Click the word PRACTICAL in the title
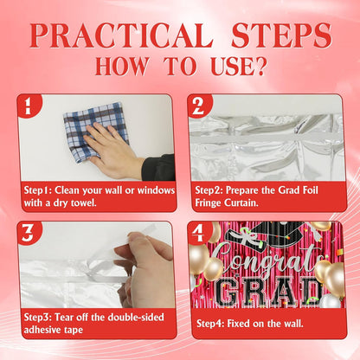[x=122, y=35]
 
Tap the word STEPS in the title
[x=281, y=35]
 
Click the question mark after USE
[x=260, y=66]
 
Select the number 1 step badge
[x=28, y=106]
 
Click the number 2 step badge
[x=198, y=106]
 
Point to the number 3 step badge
[x=28, y=233]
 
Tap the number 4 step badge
[x=198, y=233]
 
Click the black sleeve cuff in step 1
[x=158, y=168]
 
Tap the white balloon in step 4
[x=330, y=301]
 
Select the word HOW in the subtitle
[x=121, y=66]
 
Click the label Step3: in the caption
[x=38, y=317]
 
